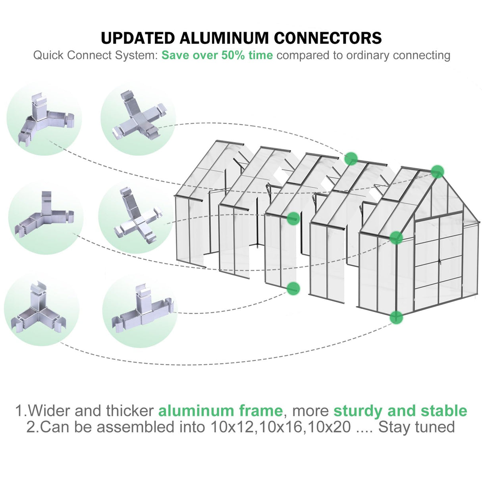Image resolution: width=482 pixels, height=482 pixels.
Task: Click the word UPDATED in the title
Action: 137,38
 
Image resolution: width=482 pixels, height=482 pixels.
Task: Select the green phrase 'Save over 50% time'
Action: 217,55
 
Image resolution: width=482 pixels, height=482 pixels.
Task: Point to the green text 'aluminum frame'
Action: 220,411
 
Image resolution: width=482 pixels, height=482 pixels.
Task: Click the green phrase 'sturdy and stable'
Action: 400,411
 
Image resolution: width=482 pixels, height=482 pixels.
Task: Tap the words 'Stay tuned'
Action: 416,427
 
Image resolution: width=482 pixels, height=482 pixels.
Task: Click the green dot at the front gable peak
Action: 437,172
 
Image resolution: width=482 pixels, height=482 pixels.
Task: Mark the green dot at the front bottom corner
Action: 396,317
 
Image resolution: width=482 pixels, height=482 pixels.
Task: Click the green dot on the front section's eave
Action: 396,237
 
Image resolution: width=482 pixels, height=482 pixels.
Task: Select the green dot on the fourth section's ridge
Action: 351,158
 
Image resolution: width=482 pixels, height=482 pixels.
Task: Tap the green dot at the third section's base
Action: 293,288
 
